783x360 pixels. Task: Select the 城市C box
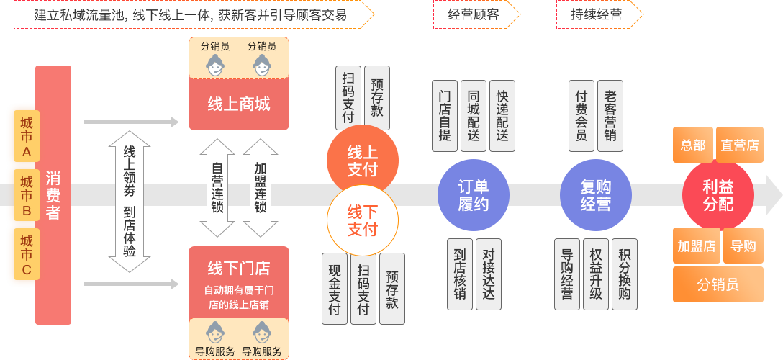27,255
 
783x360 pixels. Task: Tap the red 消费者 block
53,194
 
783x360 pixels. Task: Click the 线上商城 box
239,104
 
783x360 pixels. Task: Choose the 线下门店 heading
239,269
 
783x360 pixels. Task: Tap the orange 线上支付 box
362,161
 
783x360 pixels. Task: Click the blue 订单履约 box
473,195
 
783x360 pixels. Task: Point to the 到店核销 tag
460,274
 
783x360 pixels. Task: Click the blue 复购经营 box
595,195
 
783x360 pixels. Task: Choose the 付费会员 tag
581,116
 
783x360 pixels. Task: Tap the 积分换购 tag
624,274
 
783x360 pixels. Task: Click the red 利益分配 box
718,195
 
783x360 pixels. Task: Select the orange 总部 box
692,145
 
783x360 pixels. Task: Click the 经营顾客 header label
473,14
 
